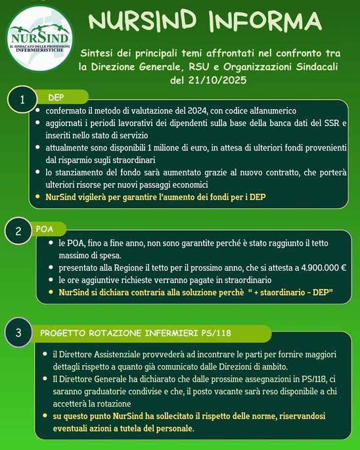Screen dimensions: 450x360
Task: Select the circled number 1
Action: [x=23, y=101]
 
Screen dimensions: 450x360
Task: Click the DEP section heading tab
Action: [x=56, y=97]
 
